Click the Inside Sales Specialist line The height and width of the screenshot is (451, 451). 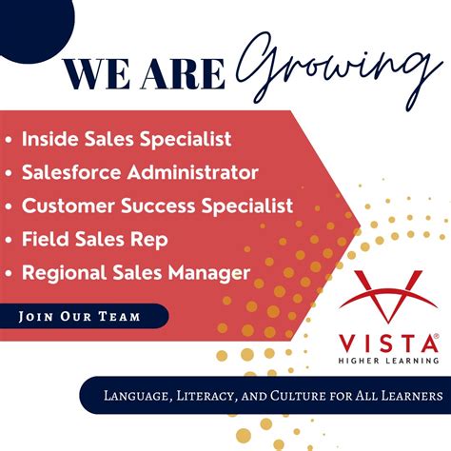coord(127,139)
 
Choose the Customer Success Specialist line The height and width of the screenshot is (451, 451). coord(157,205)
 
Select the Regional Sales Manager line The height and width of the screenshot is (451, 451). coord(136,273)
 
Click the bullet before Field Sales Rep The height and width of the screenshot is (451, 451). coord(9,240)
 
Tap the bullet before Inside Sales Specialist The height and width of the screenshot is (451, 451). coord(9,140)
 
